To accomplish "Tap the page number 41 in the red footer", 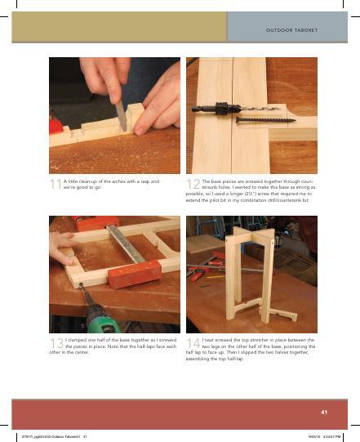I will click(x=324, y=411).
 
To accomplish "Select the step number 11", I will click(x=56, y=185).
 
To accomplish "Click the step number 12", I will click(x=193, y=185).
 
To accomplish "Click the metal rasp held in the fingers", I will click(x=122, y=114).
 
